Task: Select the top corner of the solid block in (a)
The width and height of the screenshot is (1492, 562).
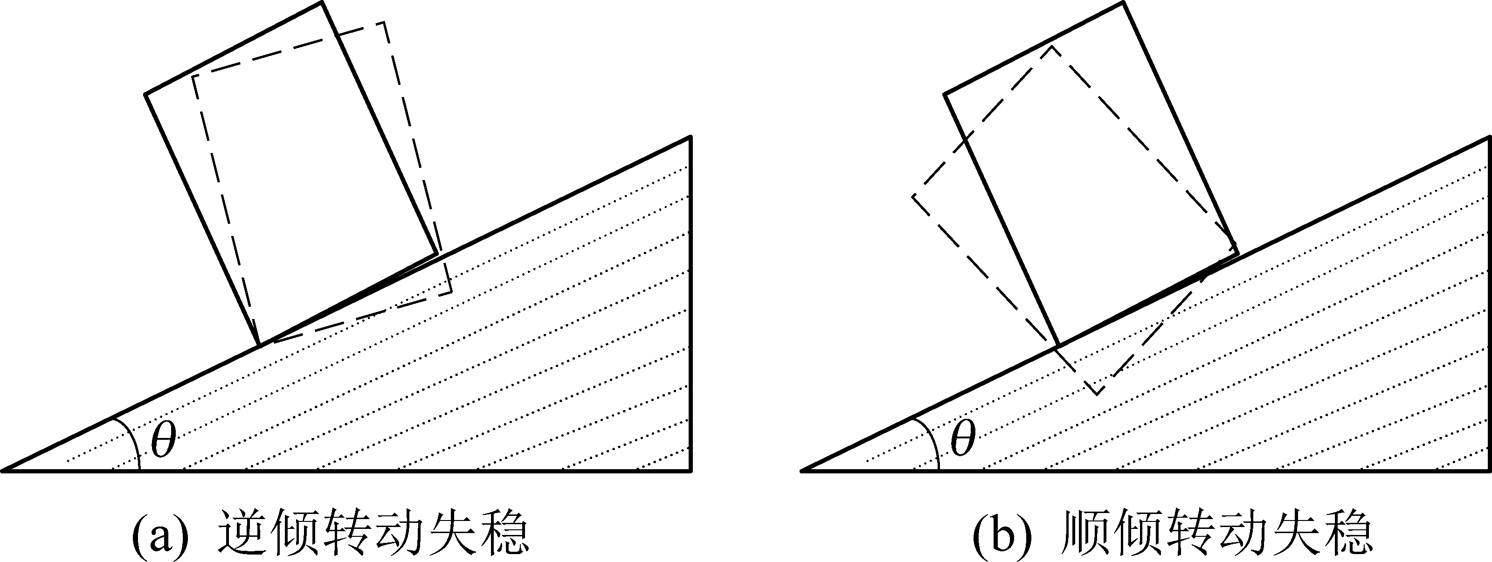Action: point(321,3)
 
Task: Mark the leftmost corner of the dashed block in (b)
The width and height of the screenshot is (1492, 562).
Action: point(913,196)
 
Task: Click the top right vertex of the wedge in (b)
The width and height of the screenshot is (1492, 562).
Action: point(1489,137)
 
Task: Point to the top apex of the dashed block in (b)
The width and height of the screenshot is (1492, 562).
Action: point(1051,46)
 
